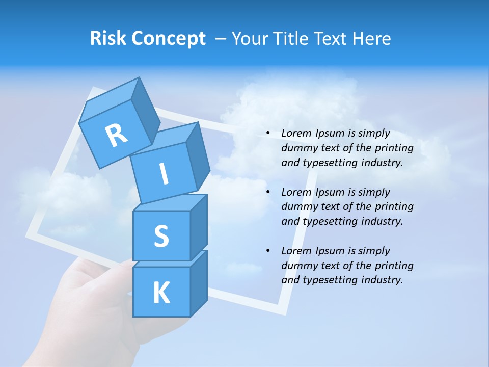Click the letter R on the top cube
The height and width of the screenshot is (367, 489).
pyautogui.click(x=116, y=135)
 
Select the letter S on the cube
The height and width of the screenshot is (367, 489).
pyautogui.click(x=161, y=237)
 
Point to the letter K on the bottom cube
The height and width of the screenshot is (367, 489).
pyautogui.click(x=161, y=293)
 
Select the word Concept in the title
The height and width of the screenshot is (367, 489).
pyautogui.click(x=169, y=39)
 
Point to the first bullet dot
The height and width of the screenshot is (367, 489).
pyautogui.click(x=268, y=134)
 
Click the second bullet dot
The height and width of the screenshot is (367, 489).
pyautogui.click(x=268, y=192)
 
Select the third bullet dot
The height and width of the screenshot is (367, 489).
pyautogui.click(x=268, y=251)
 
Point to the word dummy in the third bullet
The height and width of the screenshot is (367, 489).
pyautogui.click(x=298, y=265)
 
